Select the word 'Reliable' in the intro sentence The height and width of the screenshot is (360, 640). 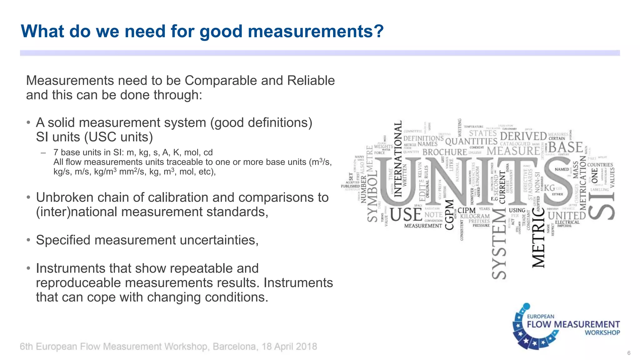(x=311, y=81)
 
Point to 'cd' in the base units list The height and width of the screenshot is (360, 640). (x=208, y=152)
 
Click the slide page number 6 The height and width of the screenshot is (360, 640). (x=629, y=353)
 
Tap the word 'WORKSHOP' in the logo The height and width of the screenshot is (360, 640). (x=602, y=333)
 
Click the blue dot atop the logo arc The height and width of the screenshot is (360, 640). (x=527, y=306)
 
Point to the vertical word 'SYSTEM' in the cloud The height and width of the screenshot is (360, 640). (x=499, y=244)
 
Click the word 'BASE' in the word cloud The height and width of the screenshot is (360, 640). (x=566, y=147)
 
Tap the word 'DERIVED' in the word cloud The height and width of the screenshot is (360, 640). (x=523, y=136)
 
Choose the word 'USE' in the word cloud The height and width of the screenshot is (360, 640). (x=406, y=215)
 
